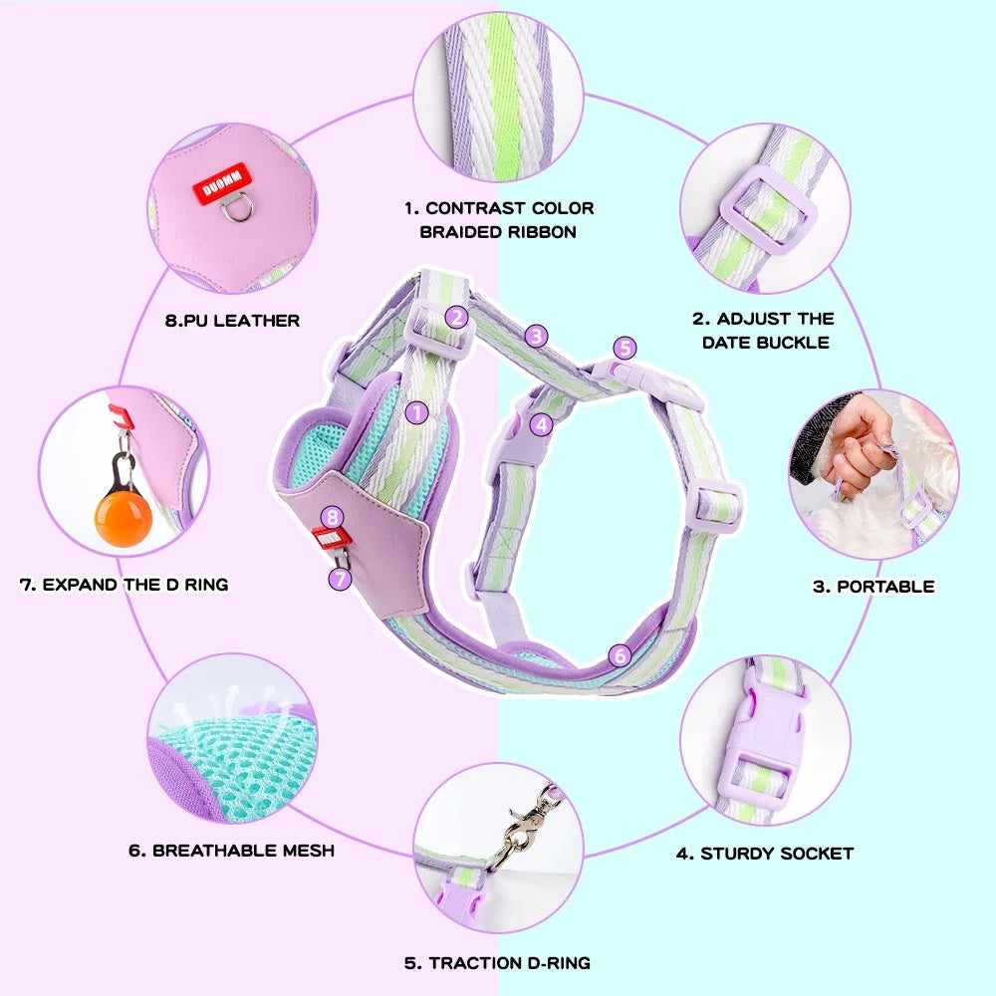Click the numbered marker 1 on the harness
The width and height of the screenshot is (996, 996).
[x=416, y=409]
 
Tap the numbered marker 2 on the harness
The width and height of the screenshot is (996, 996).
[x=456, y=317]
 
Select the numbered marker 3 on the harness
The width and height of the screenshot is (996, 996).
[x=537, y=336]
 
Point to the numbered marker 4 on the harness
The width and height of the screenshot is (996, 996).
[x=541, y=423]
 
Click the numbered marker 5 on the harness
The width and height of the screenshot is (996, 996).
[x=624, y=348]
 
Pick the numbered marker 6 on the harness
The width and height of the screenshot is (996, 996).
[x=620, y=654]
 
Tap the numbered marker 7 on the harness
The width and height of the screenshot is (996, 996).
[x=341, y=577]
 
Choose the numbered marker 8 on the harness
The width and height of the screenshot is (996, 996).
[x=334, y=516]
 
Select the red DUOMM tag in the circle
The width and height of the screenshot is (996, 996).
[x=216, y=186]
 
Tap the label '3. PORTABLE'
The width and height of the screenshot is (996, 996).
[x=873, y=586]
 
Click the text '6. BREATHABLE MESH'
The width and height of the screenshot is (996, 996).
[x=231, y=851]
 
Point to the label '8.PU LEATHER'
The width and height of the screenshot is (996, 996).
[x=232, y=321]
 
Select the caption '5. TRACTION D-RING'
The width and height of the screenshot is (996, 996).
[x=497, y=963]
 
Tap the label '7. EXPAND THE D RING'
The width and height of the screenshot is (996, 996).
[x=124, y=584]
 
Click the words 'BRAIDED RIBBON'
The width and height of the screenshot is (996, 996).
[x=497, y=232]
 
